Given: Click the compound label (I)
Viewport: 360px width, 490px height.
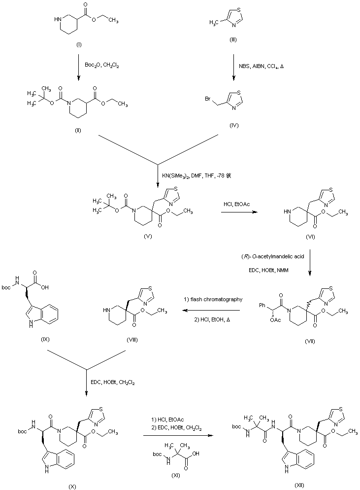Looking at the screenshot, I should (78, 45).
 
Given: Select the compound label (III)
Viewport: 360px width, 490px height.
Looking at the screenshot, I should (233, 40).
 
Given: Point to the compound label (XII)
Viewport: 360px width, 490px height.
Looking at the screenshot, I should (299, 485).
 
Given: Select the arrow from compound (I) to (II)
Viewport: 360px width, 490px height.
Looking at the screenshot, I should (79, 67).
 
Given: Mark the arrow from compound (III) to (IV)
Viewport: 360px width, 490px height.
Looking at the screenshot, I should (234, 67).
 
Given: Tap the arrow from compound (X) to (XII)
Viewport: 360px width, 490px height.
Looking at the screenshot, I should (179, 435).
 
